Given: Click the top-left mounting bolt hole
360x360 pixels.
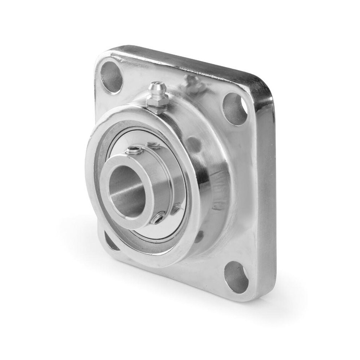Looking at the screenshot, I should pyautogui.click(x=111, y=77).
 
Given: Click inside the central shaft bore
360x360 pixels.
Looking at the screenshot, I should pyautogui.click(x=124, y=191).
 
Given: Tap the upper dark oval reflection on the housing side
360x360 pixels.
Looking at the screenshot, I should pyautogui.click(x=194, y=144).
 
